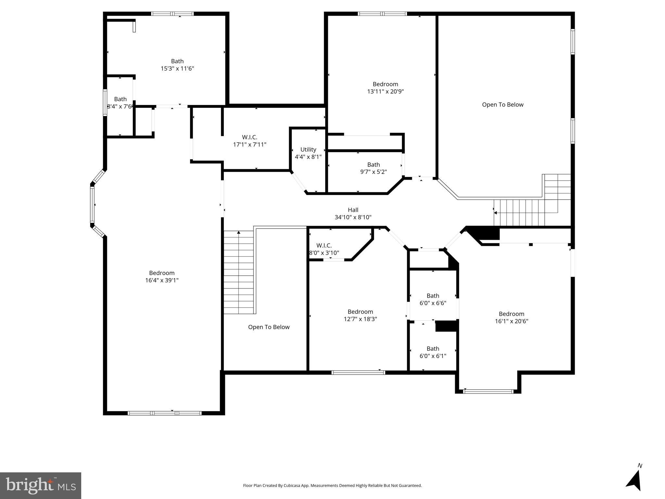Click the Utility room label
tap(308, 149)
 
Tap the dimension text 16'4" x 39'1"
tap(162, 280)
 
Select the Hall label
tap(353, 210)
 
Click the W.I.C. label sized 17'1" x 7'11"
tap(249, 137)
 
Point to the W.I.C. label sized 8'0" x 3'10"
tap(324, 246)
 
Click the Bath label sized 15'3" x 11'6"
tap(177, 61)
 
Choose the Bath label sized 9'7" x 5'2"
tap(373, 165)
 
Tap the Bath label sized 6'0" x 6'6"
tap(433, 296)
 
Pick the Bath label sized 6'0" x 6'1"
tap(433, 349)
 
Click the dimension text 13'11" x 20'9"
tap(385, 92)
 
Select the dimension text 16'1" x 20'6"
tap(511, 321)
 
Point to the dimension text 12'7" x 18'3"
tap(360, 319)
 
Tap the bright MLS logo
tap(41, 485)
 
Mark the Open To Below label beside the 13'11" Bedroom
tap(503, 105)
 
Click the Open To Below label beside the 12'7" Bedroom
tap(269, 327)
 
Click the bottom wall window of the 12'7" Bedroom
tap(358, 372)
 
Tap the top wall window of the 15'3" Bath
tap(172, 14)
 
